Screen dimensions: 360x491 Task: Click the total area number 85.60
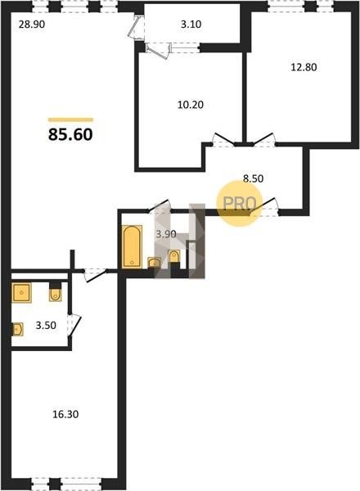click(x=70, y=135)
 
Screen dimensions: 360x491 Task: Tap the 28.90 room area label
click(x=32, y=24)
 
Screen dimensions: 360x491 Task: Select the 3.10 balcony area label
click(x=191, y=24)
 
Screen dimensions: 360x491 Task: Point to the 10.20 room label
click(x=191, y=105)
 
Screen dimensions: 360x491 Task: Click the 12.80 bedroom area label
click(x=304, y=67)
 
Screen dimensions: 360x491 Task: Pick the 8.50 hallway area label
click(x=254, y=178)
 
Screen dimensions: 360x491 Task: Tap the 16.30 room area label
click(x=65, y=414)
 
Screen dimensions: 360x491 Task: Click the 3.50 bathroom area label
click(x=46, y=326)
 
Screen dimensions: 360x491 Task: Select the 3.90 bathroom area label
click(x=166, y=234)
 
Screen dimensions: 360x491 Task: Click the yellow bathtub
click(x=132, y=247)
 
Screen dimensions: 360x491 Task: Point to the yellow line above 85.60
click(x=70, y=119)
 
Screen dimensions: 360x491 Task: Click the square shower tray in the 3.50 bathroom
click(x=21, y=293)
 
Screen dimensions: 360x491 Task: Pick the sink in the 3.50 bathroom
click(x=17, y=329)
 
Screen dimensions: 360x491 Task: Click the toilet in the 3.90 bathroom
click(x=174, y=257)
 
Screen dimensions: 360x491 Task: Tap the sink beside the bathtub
click(x=154, y=263)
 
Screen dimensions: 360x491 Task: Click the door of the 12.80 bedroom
click(x=264, y=140)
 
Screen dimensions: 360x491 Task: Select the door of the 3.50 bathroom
click(x=74, y=326)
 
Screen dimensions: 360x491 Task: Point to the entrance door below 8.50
click(x=264, y=207)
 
